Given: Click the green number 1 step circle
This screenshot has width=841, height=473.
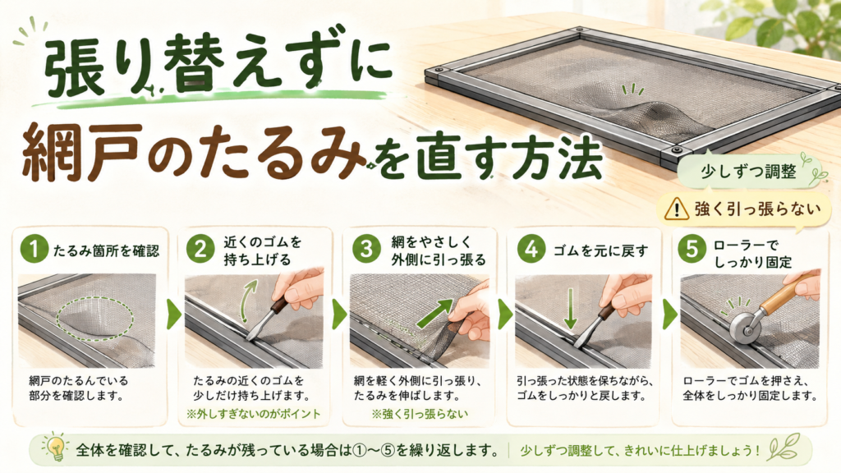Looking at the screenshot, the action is pos(34,250).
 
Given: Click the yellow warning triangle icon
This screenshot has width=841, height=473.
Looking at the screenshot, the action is pos(677,208).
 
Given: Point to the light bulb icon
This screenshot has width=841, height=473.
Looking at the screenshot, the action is pos(56,446).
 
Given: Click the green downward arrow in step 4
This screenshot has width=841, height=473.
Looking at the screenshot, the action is pos(571,309).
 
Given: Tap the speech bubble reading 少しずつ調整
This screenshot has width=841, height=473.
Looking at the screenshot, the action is pos(748,172).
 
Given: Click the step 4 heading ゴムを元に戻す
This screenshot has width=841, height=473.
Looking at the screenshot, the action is pos(600,250).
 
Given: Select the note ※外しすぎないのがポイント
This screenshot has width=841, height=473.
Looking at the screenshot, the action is pos(253,414).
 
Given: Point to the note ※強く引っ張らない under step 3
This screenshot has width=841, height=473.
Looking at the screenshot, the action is pos(420,414).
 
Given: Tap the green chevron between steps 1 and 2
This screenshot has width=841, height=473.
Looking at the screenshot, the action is pos(174,315).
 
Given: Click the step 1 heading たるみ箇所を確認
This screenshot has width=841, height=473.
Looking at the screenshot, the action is pos(106,250).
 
